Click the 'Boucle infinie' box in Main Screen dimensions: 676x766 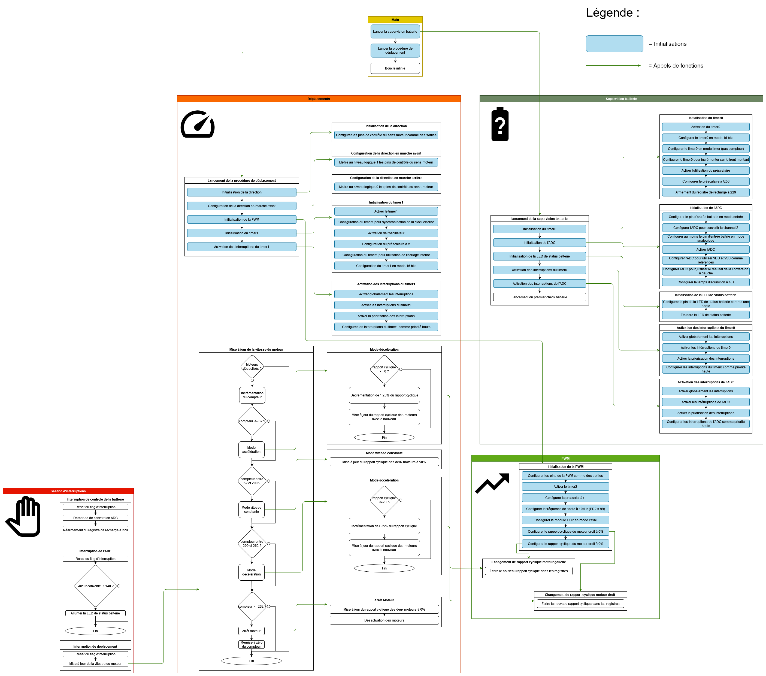click(x=395, y=68)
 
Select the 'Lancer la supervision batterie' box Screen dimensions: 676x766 click(x=395, y=32)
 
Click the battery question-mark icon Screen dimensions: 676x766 click(x=500, y=124)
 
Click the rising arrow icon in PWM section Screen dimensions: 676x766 click(x=492, y=483)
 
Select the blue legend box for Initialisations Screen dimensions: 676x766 click(x=614, y=44)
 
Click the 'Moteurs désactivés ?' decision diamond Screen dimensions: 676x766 click(x=252, y=367)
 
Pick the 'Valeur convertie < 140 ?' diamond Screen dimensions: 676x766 click(x=96, y=586)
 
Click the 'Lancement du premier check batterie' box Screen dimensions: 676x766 click(x=539, y=297)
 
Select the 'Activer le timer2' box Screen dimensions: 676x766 click(x=565, y=486)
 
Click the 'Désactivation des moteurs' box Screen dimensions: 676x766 click(x=384, y=620)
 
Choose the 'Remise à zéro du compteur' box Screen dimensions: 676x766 click(x=252, y=644)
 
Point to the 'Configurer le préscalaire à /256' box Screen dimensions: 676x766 click(x=706, y=181)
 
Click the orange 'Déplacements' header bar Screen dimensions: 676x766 click(x=319, y=99)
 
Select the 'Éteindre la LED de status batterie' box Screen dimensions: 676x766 click(x=706, y=315)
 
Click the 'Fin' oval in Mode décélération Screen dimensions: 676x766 click(x=384, y=437)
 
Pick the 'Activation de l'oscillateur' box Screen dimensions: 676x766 click(x=386, y=233)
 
